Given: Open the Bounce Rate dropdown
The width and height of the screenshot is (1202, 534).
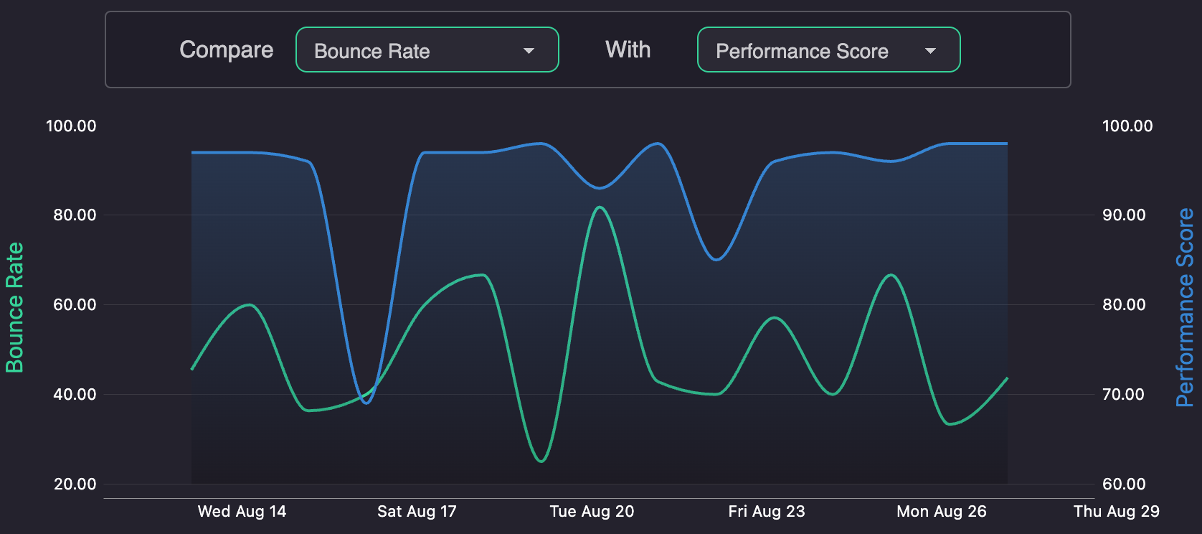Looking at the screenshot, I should click(x=427, y=50).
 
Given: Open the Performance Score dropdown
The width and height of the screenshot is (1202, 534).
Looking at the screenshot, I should click(x=828, y=50).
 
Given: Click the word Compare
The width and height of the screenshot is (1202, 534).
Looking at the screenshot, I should click(x=226, y=50).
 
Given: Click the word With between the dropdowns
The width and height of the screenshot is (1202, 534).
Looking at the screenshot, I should click(x=628, y=50).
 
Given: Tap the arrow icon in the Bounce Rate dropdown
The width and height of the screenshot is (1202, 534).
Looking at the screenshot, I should click(x=529, y=51).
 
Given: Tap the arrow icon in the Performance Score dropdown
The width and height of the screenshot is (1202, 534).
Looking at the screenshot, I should click(x=930, y=51).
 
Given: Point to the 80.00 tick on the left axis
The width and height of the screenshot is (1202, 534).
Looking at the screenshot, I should click(x=75, y=215).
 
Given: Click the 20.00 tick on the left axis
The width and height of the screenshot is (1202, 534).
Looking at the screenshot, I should click(x=75, y=484).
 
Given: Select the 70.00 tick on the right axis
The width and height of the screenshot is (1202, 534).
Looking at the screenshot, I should click(x=1124, y=394).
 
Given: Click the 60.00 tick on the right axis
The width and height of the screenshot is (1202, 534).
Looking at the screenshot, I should click(x=1124, y=484).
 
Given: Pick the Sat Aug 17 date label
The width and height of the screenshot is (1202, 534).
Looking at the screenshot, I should click(x=417, y=511).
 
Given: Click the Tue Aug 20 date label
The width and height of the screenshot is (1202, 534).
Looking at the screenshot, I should click(x=592, y=511).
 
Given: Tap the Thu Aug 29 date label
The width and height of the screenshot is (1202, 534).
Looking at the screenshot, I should click(x=1116, y=511).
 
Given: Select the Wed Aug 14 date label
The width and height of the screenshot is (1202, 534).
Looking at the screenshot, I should click(x=242, y=511).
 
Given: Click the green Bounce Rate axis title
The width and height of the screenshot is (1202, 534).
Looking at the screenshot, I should click(x=14, y=307).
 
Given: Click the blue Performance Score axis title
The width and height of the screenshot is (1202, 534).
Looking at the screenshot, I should click(x=1185, y=307).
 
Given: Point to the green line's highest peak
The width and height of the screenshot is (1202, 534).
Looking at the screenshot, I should click(x=600, y=207).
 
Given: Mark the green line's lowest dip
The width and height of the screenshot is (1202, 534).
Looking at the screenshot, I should click(x=541, y=461).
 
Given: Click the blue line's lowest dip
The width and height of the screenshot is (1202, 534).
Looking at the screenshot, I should click(x=366, y=403).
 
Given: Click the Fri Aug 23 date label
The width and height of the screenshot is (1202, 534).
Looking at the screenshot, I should click(x=767, y=511).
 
